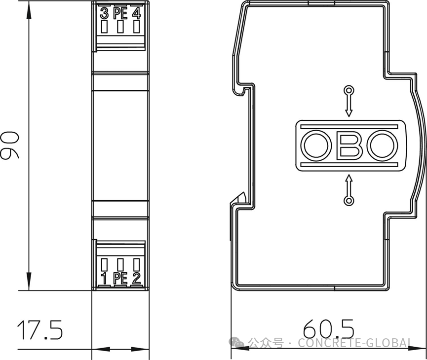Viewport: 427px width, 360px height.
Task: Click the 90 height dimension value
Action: [9, 145]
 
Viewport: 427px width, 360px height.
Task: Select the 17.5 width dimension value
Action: [40, 330]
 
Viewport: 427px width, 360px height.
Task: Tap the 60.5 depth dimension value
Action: [329, 328]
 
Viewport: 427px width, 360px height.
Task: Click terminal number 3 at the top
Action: [104, 13]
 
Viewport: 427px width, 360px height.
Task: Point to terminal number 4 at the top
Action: [136, 13]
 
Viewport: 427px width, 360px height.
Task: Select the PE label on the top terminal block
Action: [120, 13]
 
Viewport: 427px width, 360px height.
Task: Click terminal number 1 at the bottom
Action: [104, 278]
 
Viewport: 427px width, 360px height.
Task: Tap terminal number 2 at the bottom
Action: [136, 278]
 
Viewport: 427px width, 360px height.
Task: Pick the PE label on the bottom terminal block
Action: [120, 278]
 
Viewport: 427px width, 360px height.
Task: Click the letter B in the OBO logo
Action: [349, 145]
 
